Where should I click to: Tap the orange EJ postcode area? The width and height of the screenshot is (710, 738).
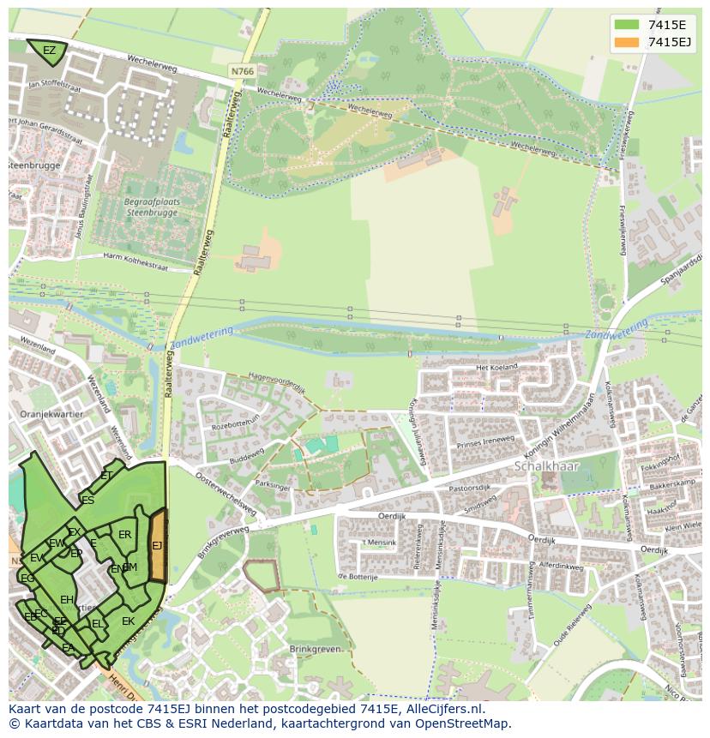pyautogui.click(x=158, y=546)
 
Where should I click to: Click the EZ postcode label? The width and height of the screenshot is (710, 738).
pyautogui.click(x=49, y=51)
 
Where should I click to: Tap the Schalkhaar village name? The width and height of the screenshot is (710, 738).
pyautogui.click(x=546, y=466)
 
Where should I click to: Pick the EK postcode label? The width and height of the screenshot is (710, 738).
pyautogui.click(x=128, y=621)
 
